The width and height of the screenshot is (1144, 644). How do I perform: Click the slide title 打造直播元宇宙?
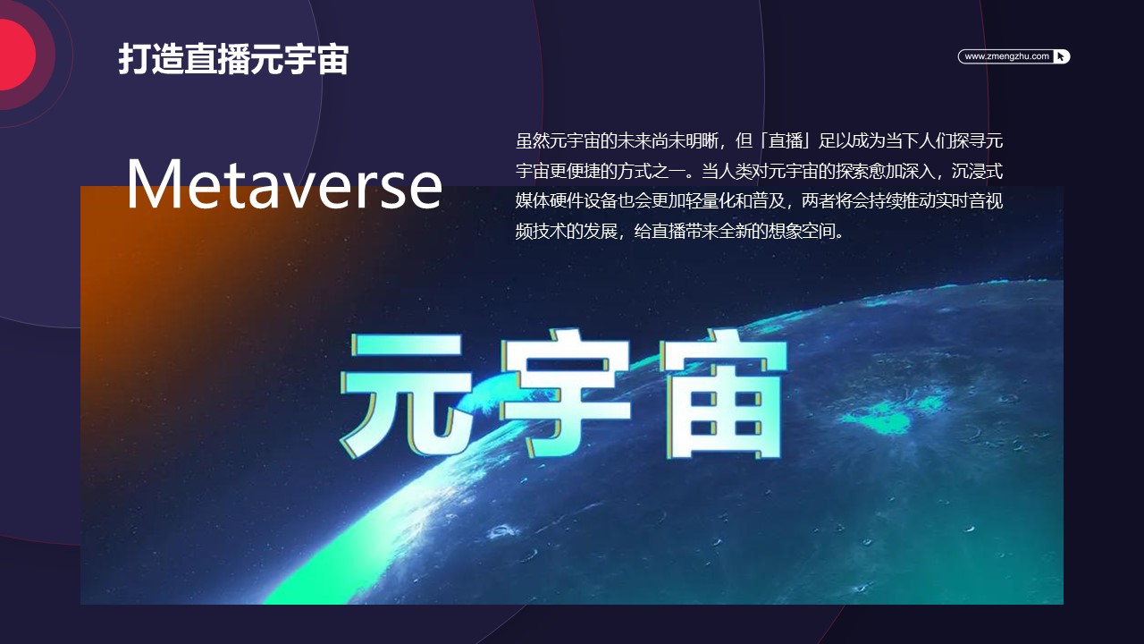(233, 59)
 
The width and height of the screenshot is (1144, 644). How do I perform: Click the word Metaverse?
(284, 185)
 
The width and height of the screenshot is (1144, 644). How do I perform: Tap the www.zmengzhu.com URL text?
(1006, 56)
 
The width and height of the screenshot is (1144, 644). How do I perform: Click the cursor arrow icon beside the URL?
(1060, 56)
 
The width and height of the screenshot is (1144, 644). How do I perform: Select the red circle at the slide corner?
(15, 55)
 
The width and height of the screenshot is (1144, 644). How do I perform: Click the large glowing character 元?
(406, 394)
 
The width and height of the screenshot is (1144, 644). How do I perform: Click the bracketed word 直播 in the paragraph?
(785, 140)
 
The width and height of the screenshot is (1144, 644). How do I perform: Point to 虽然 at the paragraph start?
(532, 140)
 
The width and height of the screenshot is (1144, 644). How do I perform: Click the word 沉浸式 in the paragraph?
(977, 171)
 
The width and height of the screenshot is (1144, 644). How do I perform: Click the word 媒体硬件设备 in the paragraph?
(566, 201)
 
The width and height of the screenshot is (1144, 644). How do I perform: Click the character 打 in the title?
(134, 59)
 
